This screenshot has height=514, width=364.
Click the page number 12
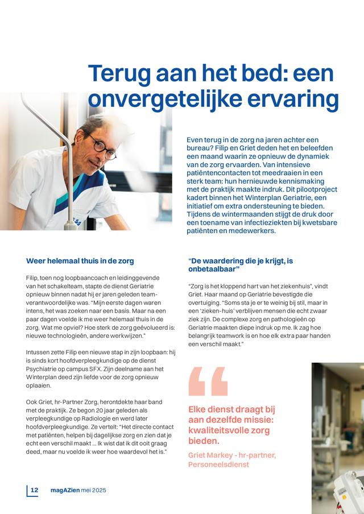pos(34,490)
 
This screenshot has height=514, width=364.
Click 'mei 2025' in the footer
pos(93,490)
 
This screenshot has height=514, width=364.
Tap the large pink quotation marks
pos(207,382)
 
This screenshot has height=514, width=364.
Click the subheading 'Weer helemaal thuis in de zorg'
pos(80,261)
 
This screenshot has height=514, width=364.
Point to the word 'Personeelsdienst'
pos(218,464)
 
